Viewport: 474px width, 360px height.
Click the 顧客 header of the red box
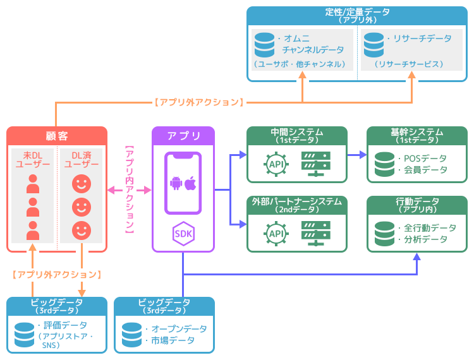point(56,136)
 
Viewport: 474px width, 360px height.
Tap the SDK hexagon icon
point(183,234)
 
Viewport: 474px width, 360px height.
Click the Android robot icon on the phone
point(176,183)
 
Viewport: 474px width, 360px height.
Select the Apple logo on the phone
point(190,183)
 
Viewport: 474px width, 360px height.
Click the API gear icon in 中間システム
point(276,164)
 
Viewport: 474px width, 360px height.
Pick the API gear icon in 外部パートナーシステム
point(276,234)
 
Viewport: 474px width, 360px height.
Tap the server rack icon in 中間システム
point(316,164)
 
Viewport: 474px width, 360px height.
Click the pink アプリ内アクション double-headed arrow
point(130,189)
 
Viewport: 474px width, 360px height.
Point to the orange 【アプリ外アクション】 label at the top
point(198,102)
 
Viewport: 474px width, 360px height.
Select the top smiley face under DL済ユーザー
point(81,184)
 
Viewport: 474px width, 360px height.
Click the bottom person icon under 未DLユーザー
point(33,231)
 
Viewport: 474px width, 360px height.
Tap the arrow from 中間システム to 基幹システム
point(358,154)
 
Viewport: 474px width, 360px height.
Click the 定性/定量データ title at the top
point(357,12)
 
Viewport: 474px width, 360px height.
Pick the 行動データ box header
point(417,202)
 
